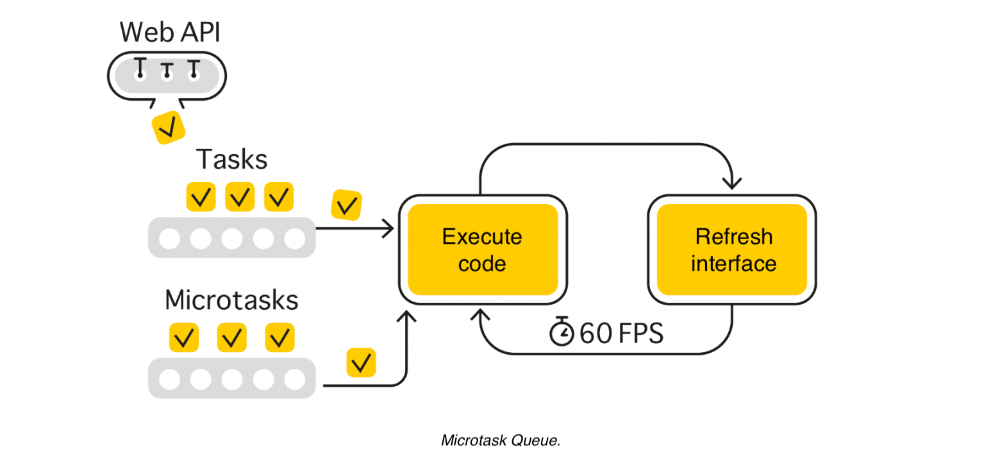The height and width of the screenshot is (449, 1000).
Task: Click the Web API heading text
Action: (170, 31)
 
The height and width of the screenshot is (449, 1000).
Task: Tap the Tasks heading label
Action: (231, 159)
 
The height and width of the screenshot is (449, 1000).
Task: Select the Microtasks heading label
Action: (231, 300)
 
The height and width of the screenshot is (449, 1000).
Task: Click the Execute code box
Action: (482, 250)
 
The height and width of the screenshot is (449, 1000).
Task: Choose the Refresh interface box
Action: (732, 250)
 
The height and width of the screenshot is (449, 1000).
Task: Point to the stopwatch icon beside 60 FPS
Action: (562, 332)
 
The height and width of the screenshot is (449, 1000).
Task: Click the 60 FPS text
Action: (621, 334)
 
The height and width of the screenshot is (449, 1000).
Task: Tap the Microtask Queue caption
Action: (501, 439)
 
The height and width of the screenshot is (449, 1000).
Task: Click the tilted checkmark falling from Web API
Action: (168, 128)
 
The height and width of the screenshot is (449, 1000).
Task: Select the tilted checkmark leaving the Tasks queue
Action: (347, 206)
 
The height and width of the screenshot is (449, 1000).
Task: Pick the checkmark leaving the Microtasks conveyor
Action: (361, 363)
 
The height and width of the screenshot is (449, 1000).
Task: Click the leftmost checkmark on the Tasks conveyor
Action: (201, 197)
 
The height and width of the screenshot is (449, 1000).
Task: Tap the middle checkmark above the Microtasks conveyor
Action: (232, 337)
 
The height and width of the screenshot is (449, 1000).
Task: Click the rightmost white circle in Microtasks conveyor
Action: (295, 380)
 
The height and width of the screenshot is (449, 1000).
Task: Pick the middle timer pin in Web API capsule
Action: (167, 71)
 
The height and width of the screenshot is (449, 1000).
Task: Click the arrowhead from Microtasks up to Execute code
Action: (406, 316)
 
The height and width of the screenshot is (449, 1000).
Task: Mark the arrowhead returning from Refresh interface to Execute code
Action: (482, 315)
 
